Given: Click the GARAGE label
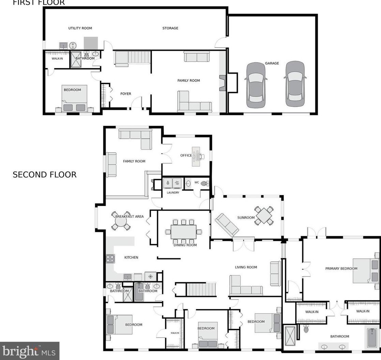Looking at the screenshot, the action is [272, 63].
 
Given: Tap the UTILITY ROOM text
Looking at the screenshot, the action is [80, 28].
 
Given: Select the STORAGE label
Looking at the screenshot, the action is [170, 28].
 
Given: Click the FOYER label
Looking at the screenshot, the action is [126, 94].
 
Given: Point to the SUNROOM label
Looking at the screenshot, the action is [246, 217].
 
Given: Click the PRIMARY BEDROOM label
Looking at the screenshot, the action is [341, 269].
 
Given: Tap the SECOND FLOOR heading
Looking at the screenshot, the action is [44, 175].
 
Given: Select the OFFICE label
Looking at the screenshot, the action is [186, 155].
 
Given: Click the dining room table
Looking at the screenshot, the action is [183, 232].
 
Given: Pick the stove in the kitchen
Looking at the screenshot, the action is [110, 259].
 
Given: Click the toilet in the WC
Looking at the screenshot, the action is [205, 183].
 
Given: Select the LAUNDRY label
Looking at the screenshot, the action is [173, 193].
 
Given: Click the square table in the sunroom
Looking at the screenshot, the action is [264, 215].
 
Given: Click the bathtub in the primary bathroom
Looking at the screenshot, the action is [372, 338].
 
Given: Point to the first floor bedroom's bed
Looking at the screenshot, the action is [74, 98].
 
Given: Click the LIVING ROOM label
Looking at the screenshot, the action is [246, 267].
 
